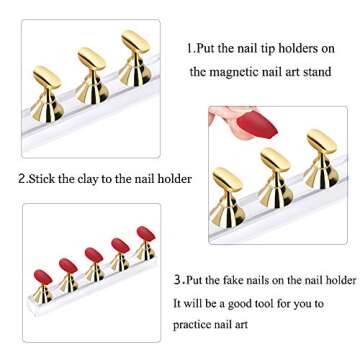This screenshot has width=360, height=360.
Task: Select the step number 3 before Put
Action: pos(176,278)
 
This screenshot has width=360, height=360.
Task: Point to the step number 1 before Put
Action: pos(189,47)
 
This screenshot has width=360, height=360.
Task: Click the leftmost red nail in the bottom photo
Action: pos(42,273)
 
